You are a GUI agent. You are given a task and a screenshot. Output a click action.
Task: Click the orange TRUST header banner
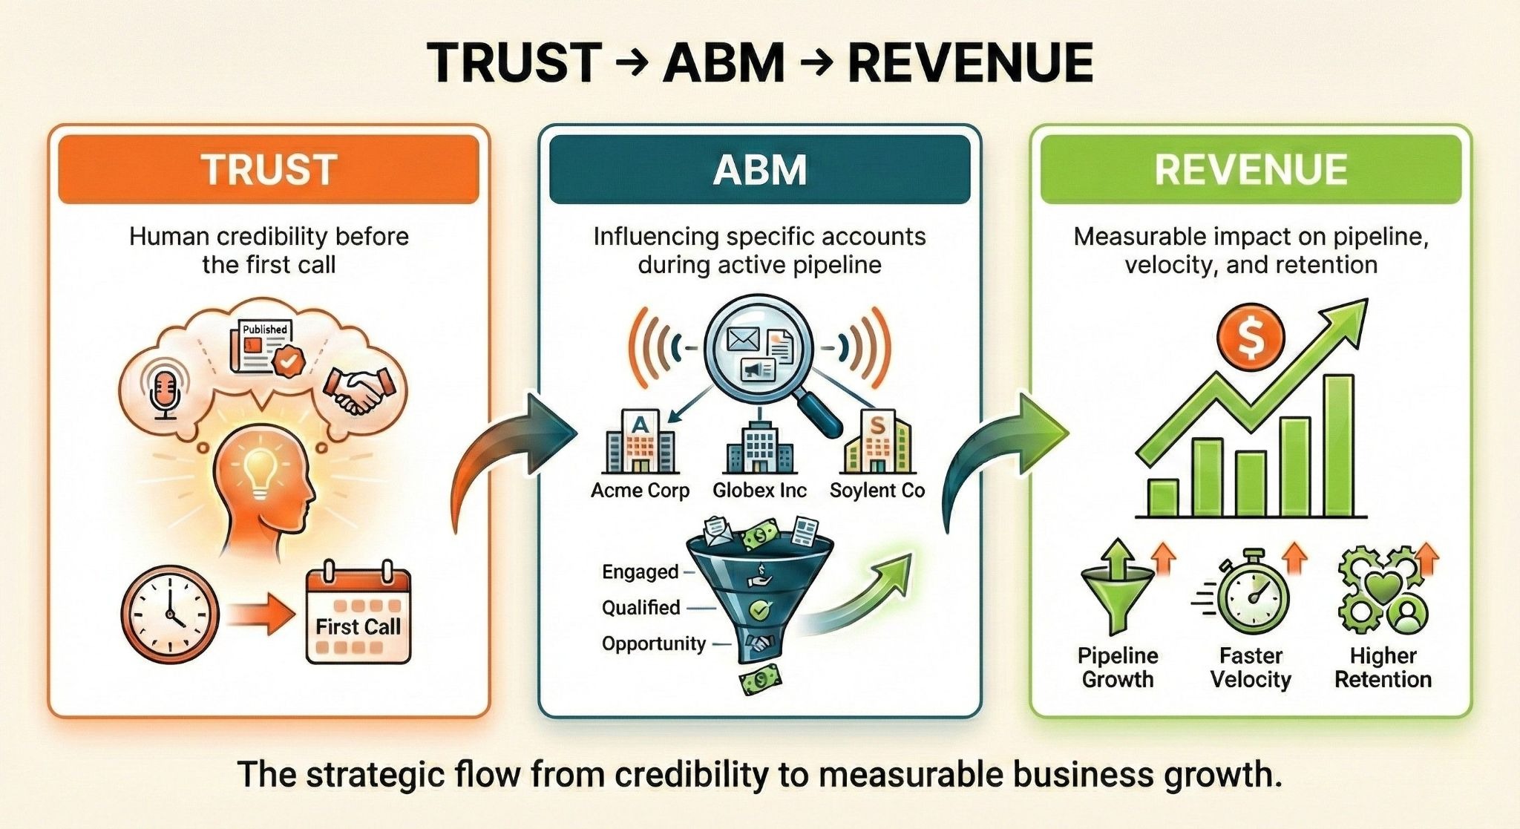point(268,169)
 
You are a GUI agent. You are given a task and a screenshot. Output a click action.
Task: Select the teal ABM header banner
point(759,169)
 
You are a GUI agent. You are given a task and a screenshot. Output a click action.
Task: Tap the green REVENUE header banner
point(1251,169)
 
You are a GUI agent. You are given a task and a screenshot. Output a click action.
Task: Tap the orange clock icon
point(170,615)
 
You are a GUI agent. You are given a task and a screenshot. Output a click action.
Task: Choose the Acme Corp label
point(640,491)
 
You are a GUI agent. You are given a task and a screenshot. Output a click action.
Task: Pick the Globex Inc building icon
point(759,449)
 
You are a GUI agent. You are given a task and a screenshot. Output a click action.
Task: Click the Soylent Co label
point(877,491)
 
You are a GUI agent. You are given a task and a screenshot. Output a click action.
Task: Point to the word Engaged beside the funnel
point(640,571)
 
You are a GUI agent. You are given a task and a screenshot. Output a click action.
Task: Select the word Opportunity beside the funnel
point(653,643)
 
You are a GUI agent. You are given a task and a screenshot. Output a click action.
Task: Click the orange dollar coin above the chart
point(1251,338)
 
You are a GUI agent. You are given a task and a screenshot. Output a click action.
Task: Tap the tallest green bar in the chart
point(1338,445)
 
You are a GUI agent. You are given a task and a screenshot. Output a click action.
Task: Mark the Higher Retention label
point(1383,667)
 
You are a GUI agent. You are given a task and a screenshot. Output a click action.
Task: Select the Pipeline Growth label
point(1118,667)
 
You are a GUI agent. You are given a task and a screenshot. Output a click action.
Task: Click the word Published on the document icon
point(265,329)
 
